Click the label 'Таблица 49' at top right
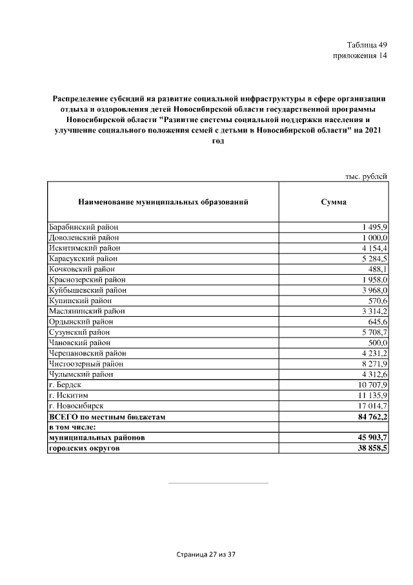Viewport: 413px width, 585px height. [x=367, y=45]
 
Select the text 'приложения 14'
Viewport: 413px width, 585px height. [x=359, y=56]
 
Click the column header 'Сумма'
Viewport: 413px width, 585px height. [x=334, y=202]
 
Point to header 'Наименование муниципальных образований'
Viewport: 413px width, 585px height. [x=163, y=202]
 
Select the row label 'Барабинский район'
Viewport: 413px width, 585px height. [x=83, y=227]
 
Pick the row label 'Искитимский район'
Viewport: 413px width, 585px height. [x=84, y=248]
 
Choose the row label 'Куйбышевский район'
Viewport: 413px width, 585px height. [x=87, y=290]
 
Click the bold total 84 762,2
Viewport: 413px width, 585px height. [x=367, y=417]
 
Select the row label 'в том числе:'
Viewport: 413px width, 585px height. [x=72, y=427]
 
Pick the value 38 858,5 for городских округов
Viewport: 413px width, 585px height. [x=367, y=448]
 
